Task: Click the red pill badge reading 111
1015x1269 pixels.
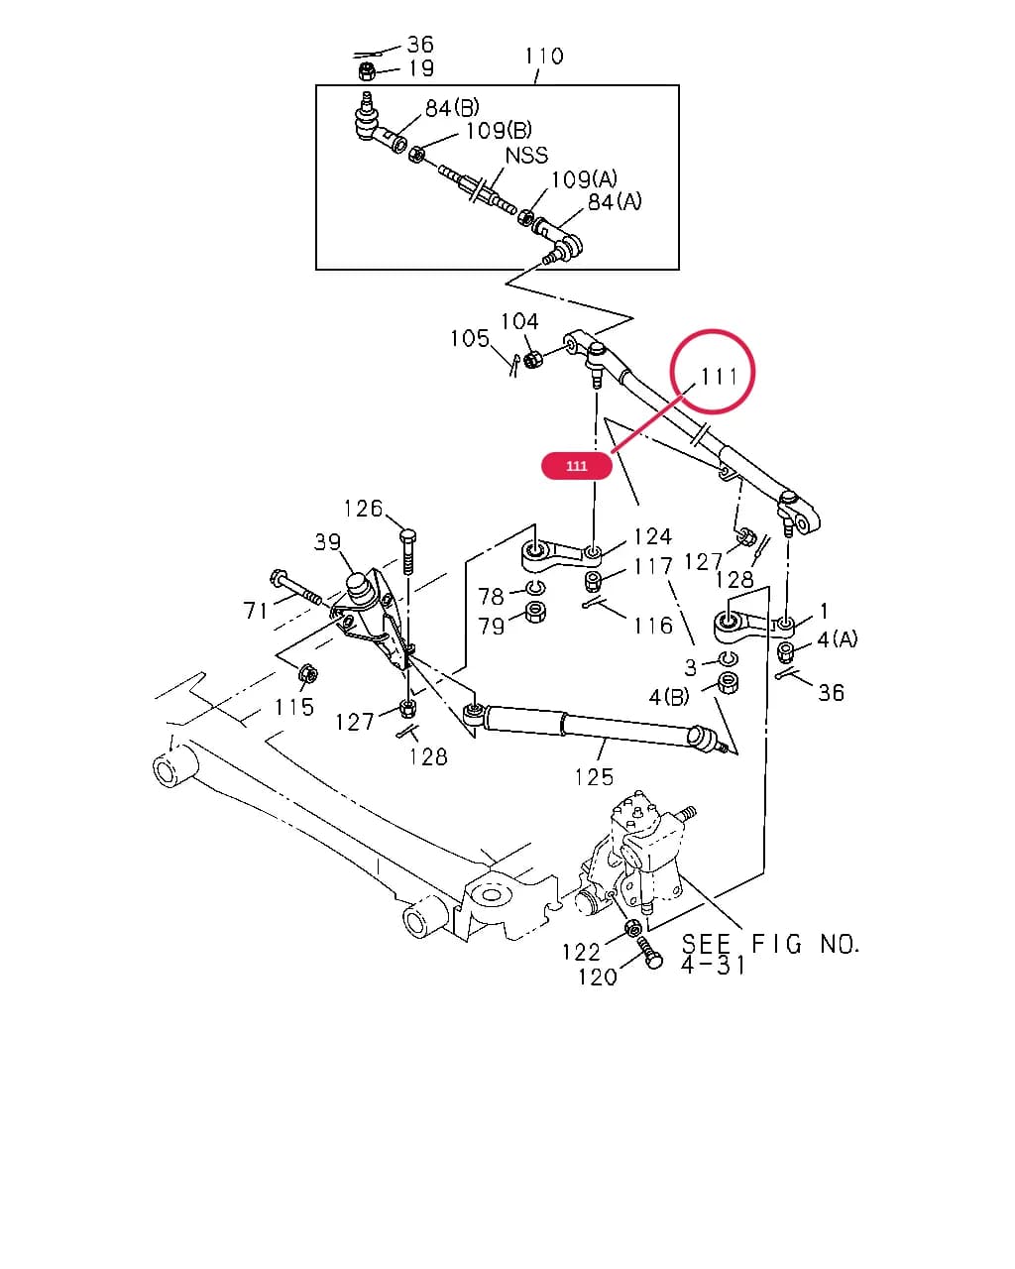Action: point(576,466)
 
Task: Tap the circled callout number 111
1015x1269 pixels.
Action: point(719,376)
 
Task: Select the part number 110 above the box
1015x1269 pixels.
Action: point(544,57)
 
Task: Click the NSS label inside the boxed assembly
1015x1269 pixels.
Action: point(526,156)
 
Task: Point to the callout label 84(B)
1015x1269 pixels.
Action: point(452,108)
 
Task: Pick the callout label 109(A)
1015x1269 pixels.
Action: point(584,179)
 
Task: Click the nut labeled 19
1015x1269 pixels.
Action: point(367,72)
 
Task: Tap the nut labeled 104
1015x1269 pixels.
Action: point(532,359)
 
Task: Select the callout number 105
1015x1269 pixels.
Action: point(470,339)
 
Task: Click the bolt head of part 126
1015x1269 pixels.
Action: point(408,537)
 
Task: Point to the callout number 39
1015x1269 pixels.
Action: point(327,542)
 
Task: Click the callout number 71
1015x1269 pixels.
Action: point(256,611)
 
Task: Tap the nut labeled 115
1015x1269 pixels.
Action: point(308,673)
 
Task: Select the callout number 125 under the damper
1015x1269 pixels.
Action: point(594,777)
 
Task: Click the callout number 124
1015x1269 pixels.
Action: point(652,536)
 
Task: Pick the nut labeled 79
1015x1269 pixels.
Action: point(534,612)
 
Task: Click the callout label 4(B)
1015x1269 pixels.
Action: point(669,698)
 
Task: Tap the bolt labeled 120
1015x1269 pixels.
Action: point(649,952)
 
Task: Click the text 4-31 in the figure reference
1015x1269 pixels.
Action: point(713,966)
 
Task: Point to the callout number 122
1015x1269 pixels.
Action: point(581,952)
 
